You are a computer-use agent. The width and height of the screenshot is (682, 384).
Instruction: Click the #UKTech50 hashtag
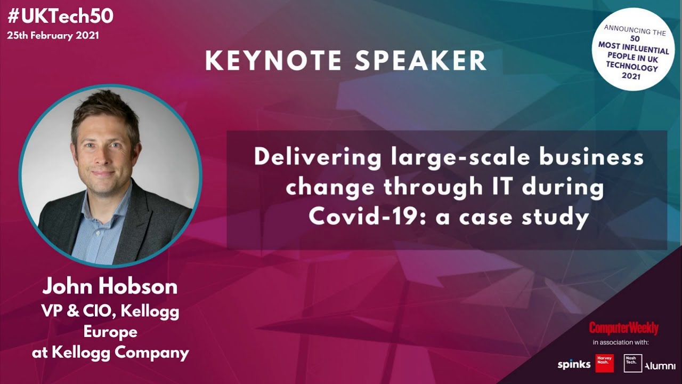point(60,16)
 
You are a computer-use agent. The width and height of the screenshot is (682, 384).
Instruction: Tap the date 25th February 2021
point(53,36)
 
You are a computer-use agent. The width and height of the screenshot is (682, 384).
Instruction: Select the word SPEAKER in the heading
point(420,61)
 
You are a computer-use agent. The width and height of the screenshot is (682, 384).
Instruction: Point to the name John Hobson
point(110,287)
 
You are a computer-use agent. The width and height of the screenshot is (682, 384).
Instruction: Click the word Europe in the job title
point(110,332)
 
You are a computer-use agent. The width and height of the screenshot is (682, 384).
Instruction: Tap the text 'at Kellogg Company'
point(110,352)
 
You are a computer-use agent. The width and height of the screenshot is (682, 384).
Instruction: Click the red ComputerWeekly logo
point(623,328)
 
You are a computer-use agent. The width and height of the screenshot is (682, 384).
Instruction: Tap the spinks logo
point(574,365)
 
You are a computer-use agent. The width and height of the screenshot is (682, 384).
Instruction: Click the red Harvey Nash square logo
point(604,363)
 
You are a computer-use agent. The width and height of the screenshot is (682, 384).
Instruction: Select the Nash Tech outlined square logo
point(633,363)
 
